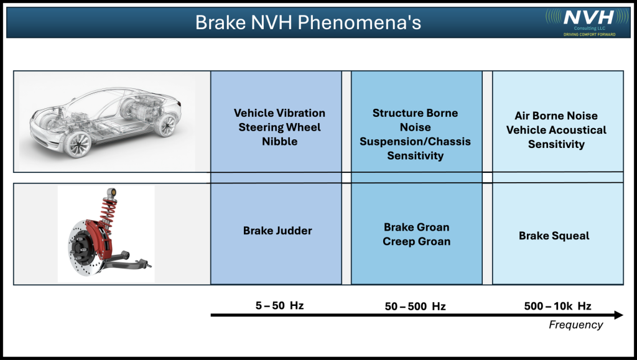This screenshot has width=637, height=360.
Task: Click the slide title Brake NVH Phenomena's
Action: (308, 22)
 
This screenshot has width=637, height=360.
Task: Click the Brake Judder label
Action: (277, 231)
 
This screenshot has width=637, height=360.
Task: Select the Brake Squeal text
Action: (554, 236)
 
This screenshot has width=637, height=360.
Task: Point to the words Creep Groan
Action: (416, 241)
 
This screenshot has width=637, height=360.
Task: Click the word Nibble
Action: (279, 142)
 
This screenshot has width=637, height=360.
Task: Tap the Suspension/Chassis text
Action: (415, 142)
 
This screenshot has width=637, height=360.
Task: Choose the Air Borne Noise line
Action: (556, 116)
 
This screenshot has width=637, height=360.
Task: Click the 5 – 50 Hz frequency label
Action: (279, 305)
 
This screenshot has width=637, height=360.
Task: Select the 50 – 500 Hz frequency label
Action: (415, 306)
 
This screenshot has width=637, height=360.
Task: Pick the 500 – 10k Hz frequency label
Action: (557, 306)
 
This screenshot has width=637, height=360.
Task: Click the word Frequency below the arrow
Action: (575, 325)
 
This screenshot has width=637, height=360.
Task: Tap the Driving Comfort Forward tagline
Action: (589, 34)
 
